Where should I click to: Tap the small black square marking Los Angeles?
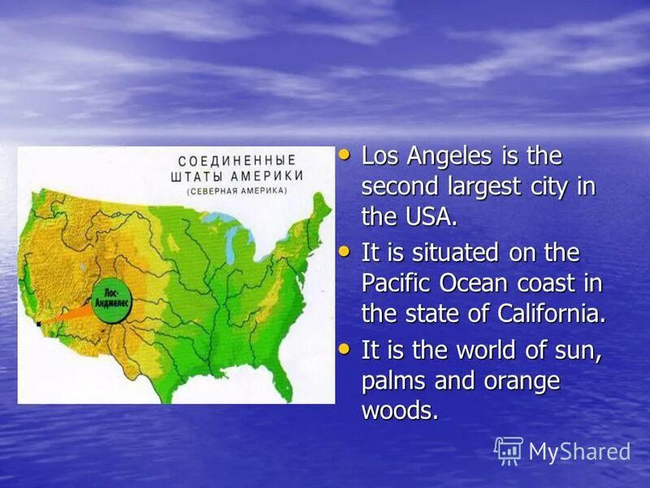click(37, 323)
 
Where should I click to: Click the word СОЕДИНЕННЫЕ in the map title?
click(236, 160)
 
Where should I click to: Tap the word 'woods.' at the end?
click(400, 411)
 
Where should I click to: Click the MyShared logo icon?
click(509, 451)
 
